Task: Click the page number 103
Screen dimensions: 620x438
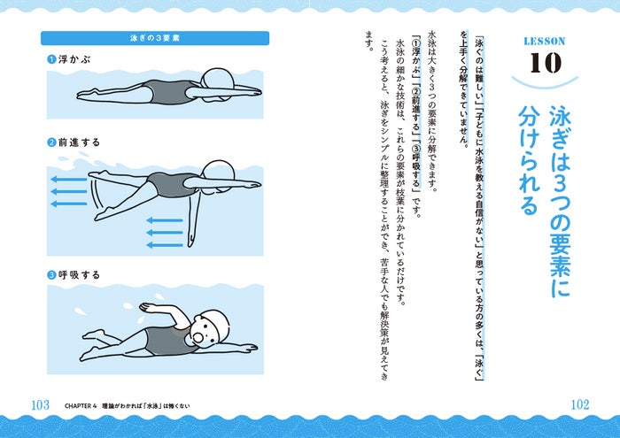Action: click(x=41, y=405)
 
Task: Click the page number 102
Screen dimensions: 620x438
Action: click(x=580, y=404)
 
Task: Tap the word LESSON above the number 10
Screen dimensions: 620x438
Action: click(x=545, y=41)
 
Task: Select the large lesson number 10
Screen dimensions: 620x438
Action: click(x=546, y=63)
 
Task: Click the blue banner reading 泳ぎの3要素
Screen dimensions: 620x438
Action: click(x=155, y=38)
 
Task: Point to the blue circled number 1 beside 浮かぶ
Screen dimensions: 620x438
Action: click(x=51, y=59)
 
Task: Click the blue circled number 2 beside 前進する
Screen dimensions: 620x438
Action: click(x=51, y=142)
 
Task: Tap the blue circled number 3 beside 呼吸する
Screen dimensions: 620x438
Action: click(x=51, y=275)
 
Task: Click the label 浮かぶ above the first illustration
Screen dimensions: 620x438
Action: click(x=74, y=59)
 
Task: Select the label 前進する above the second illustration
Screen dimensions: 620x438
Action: click(x=79, y=142)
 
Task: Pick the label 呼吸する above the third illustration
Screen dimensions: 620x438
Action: click(x=79, y=275)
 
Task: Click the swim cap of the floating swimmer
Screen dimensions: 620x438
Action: click(x=218, y=78)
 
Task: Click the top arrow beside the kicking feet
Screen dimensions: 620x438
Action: click(x=69, y=180)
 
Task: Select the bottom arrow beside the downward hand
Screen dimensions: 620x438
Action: click(x=165, y=245)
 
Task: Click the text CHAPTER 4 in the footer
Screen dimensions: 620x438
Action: click(x=81, y=406)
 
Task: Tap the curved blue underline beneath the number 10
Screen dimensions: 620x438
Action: click(x=545, y=83)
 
